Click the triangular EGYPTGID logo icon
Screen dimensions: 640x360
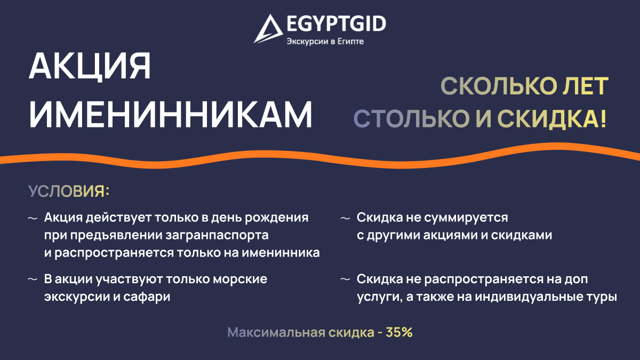pyautogui.click(x=268, y=29)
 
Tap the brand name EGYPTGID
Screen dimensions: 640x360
pyautogui.click(x=337, y=23)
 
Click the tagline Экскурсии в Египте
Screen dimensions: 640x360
pyautogui.click(x=325, y=42)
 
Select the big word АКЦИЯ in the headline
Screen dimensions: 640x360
pyautogui.click(x=90, y=67)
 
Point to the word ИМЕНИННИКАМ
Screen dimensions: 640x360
pyautogui.click(x=171, y=114)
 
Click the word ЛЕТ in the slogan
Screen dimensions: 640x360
pyautogui.click(x=586, y=86)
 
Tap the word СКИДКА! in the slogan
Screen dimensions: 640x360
pyautogui.click(x=552, y=119)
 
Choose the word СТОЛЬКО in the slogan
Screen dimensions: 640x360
pyautogui.click(x=412, y=118)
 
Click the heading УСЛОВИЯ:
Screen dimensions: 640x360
pyautogui.click(x=69, y=191)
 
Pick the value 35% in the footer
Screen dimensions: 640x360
pyautogui.click(x=399, y=332)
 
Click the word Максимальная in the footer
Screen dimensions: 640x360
pyautogui.click(x=276, y=333)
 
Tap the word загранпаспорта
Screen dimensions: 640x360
pyautogui.click(x=217, y=235)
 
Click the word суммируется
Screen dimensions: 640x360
pyautogui.click(x=466, y=218)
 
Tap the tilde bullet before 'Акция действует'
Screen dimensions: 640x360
pyautogui.click(x=33, y=219)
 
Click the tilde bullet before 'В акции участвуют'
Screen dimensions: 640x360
pyautogui.click(x=33, y=279)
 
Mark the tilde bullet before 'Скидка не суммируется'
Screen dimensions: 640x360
pyautogui.click(x=346, y=219)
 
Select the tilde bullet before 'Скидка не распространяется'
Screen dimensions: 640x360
pyautogui.click(x=346, y=279)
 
